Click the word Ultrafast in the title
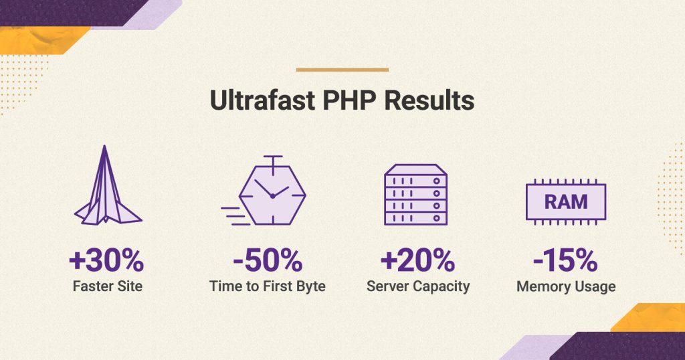click(x=262, y=100)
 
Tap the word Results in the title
click(x=429, y=100)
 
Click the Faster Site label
click(x=108, y=286)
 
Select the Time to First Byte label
click(x=268, y=286)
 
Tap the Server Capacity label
click(x=418, y=286)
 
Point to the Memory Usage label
click(x=566, y=286)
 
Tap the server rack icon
click(x=415, y=195)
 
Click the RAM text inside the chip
click(x=566, y=202)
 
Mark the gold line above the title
click(x=342, y=70)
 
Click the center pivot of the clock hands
click(x=273, y=196)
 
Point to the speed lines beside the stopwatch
click(x=235, y=216)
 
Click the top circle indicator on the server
click(x=436, y=181)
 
